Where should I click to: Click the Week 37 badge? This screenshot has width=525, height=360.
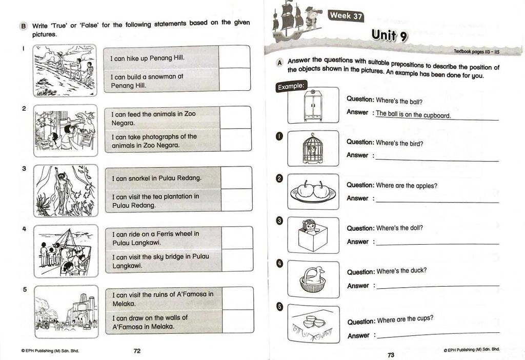pyautogui.click(x=346, y=15)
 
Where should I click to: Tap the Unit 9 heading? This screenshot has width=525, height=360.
pyautogui.click(x=390, y=35)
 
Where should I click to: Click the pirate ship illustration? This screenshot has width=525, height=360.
pyautogui.click(x=288, y=22)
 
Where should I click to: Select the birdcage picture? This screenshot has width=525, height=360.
pyautogui.click(x=313, y=148)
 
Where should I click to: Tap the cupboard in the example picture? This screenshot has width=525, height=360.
pyautogui.click(x=313, y=105)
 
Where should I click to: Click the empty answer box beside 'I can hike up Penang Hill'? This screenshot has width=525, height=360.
pyautogui.click(x=234, y=57)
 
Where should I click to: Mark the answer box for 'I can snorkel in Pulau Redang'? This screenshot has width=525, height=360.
pyautogui.click(x=236, y=177)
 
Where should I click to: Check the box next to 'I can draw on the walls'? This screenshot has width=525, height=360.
pyautogui.click(x=238, y=321)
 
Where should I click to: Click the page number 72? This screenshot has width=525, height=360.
pyautogui.click(x=137, y=351)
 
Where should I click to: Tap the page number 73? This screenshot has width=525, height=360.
pyautogui.click(x=391, y=355)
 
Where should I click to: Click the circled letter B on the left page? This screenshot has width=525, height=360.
pyautogui.click(x=23, y=26)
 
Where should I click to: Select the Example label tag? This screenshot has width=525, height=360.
pyautogui.click(x=291, y=86)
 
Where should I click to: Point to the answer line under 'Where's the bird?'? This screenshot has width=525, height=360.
pyautogui.click(x=437, y=160)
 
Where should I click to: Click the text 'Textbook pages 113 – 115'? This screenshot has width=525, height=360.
pyautogui.click(x=476, y=52)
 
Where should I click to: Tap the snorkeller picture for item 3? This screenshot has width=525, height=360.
pyautogui.click(x=66, y=191)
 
